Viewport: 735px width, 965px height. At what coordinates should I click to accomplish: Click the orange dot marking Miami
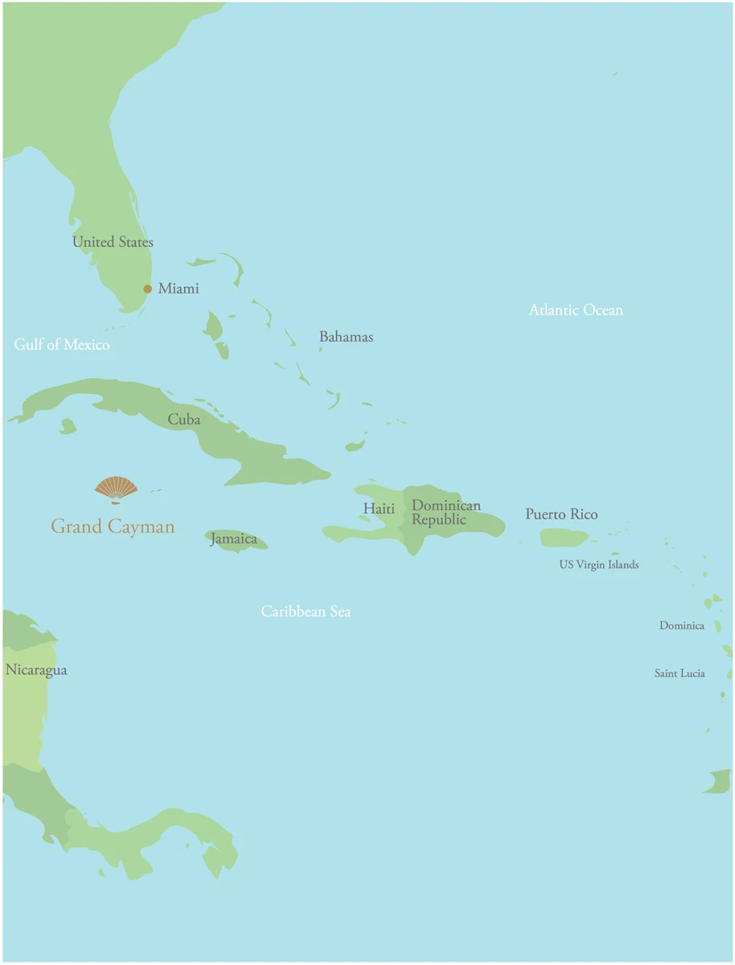tap(148, 289)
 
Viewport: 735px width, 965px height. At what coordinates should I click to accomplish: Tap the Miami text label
tap(179, 289)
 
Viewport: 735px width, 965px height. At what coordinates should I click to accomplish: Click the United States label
tap(113, 242)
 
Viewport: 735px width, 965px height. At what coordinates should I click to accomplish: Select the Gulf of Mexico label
tap(62, 345)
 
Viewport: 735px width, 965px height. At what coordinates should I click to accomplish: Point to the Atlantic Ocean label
tap(576, 310)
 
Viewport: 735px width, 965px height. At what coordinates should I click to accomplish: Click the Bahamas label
tap(346, 337)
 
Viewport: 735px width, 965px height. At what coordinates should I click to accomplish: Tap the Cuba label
tap(184, 420)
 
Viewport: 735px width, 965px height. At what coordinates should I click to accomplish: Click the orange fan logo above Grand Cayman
tap(116, 488)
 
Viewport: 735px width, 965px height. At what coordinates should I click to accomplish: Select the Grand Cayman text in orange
tap(113, 527)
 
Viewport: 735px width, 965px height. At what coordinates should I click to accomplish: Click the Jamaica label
tap(234, 539)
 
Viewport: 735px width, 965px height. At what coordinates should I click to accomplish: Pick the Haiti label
tap(379, 509)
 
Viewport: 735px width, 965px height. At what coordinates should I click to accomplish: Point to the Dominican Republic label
tap(446, 512)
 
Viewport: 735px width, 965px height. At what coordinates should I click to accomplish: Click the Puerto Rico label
tap(561, 515)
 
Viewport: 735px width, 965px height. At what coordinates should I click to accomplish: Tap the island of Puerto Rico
tap(564, 536)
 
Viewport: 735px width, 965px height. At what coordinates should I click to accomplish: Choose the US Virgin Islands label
tap(599, 565)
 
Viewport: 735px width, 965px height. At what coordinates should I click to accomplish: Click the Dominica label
tap(682, 626)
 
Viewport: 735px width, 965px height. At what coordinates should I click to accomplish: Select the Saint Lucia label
tap(680, 673)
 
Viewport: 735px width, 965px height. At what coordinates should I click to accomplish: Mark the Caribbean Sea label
tap(306, 612)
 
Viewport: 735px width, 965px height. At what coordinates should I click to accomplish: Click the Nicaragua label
tap(36, 670)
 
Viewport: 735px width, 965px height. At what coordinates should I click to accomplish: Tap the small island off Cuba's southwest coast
tap(68, 425)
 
